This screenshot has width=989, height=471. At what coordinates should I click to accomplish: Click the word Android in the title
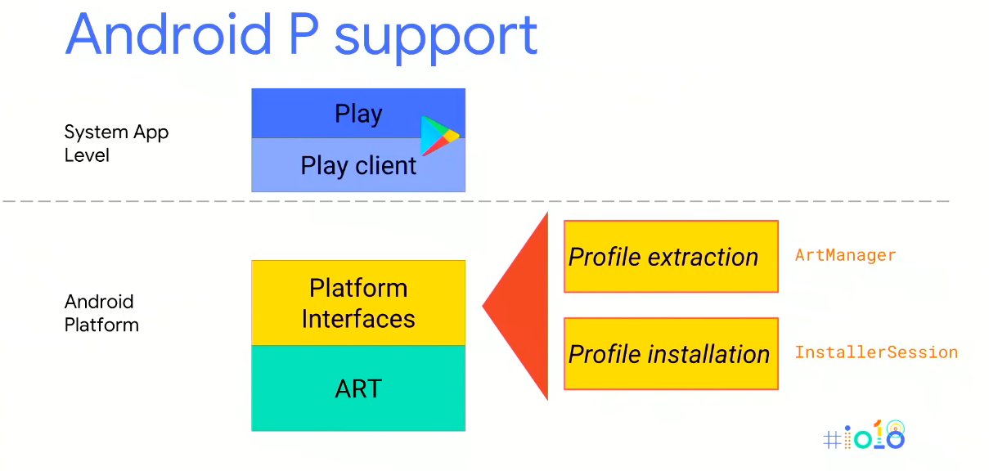click(169, 34)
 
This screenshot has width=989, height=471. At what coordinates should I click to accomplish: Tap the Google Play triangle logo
click(438, 136)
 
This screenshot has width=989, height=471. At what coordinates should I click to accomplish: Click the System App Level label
click(116, 143)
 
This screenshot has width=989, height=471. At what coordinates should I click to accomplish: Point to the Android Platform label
click(101, 313)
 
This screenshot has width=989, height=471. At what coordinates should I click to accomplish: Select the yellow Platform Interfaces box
click(357, 303)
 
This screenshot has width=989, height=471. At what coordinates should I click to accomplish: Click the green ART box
click(357, 388)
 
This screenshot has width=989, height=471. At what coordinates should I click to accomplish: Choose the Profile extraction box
click(671, 256)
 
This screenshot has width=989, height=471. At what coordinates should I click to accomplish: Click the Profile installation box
click(671, 353)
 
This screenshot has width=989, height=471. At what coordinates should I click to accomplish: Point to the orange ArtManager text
click(845, 255)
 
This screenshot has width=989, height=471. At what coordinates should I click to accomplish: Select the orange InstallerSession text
click(876, 352)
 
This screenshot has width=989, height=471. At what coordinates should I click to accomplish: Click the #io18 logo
click(864, 436)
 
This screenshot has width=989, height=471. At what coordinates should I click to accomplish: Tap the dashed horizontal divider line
click(491, 201)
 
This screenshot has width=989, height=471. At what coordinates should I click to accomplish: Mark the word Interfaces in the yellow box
click(358, 318)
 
